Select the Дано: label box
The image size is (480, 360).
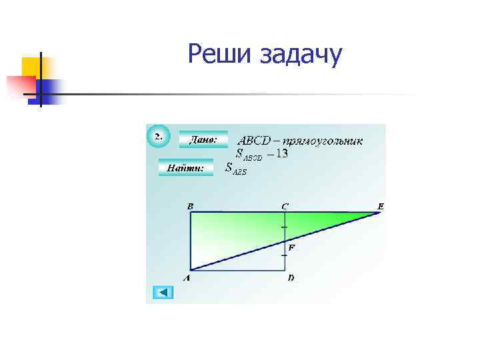click(203, 140)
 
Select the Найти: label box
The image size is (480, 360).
click(185, 168)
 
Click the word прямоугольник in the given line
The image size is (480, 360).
click(323, 141)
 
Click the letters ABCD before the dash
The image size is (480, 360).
click(254, 141)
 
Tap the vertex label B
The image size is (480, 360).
click(190, 207)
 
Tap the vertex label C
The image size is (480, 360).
click(285, 207)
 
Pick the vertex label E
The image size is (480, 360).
click(380, 207)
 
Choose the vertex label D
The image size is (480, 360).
click(291, 277)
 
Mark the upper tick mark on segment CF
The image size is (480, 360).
click(284, 227)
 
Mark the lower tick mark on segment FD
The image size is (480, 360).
click(284, 255)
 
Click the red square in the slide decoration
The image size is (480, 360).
click(20, 86)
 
